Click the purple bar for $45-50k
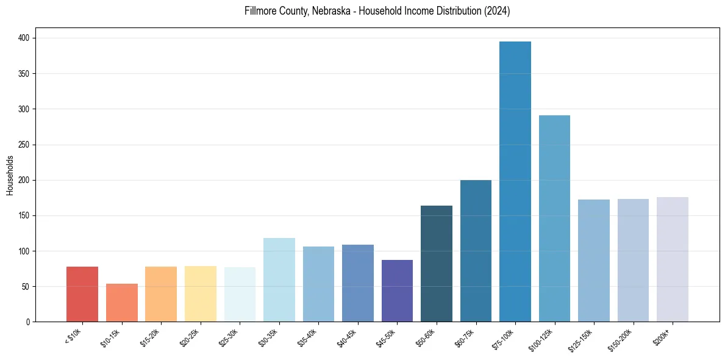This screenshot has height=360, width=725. (x=397, y=291)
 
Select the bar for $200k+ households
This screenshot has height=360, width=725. (x=672, y=259)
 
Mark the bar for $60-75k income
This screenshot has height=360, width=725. (x=476, y=251)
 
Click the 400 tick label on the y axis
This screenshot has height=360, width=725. (x=26, y=38)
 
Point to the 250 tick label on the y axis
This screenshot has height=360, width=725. (x=26, y=145)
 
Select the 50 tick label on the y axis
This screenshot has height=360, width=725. (x=28, y=287)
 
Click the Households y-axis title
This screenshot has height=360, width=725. (x=10, y=175)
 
